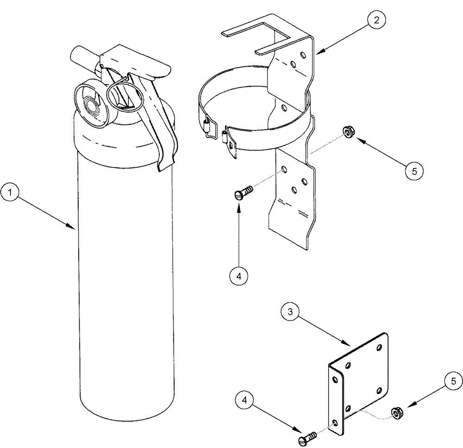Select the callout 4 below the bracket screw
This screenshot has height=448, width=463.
click(238, 276)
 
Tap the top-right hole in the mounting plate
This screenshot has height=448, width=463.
click(380, 347)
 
